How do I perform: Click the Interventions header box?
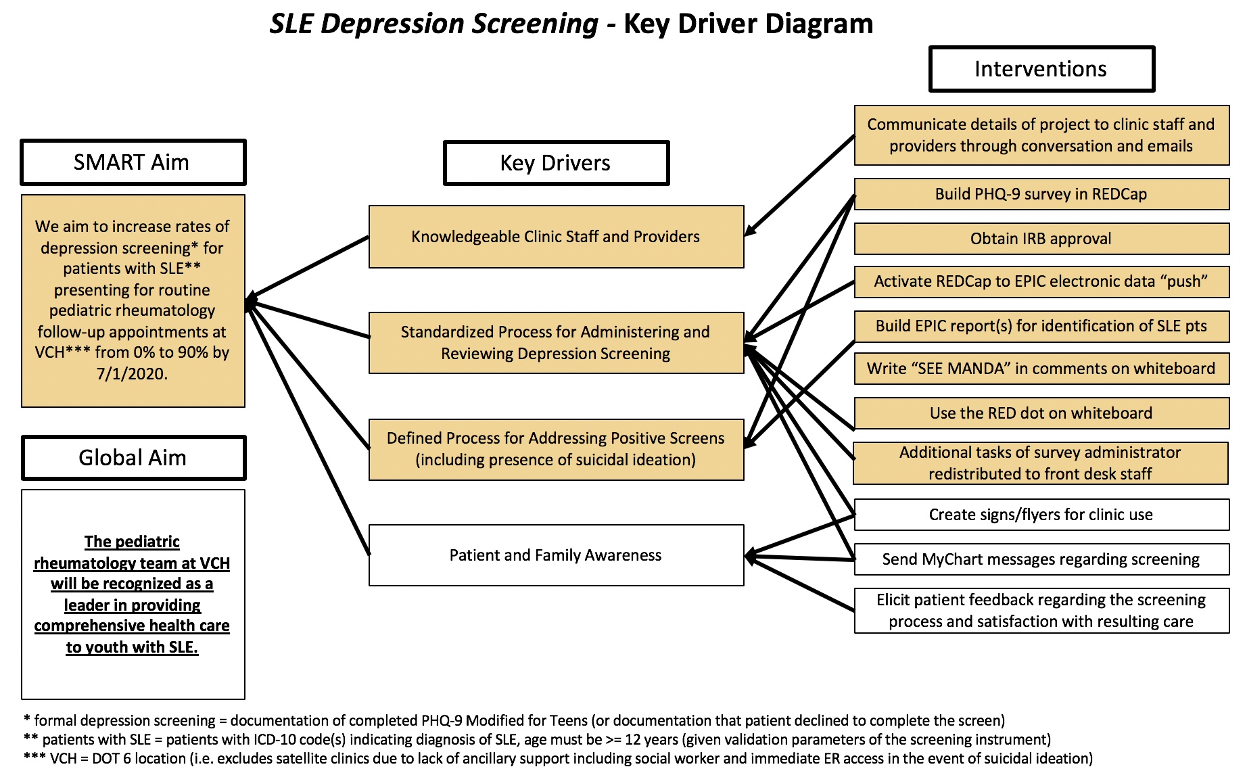click(x=1041, y=69)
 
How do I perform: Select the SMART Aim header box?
click(x=133, y=162)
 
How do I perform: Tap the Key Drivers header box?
click(x=556, y=163)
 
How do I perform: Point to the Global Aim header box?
click(x=133, y=458)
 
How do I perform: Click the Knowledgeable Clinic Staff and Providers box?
click(x=556, y=237)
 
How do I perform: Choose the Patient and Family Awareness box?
click(x=556, y=555)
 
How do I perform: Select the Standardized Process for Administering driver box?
click(x=556, y=343)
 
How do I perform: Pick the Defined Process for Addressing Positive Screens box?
click(x=556, y=449)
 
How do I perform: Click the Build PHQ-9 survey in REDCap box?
click(x=1041, y=194)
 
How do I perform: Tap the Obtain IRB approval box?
click(x=1041, y=239)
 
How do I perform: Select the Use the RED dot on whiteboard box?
click(x=1041, y=413)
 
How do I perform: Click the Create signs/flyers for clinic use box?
click(x=1041, y=515)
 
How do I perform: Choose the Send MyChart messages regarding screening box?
click(x=1041, y=559)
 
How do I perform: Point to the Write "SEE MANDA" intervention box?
click(x=1041, y=369)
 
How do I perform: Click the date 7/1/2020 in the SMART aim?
click(x=132, y=374)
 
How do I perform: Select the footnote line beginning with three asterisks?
click(x=558, y=759)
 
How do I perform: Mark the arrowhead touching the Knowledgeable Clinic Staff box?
click(x=749, y=231)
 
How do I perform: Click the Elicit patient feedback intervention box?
click(x=1041, y=611)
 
